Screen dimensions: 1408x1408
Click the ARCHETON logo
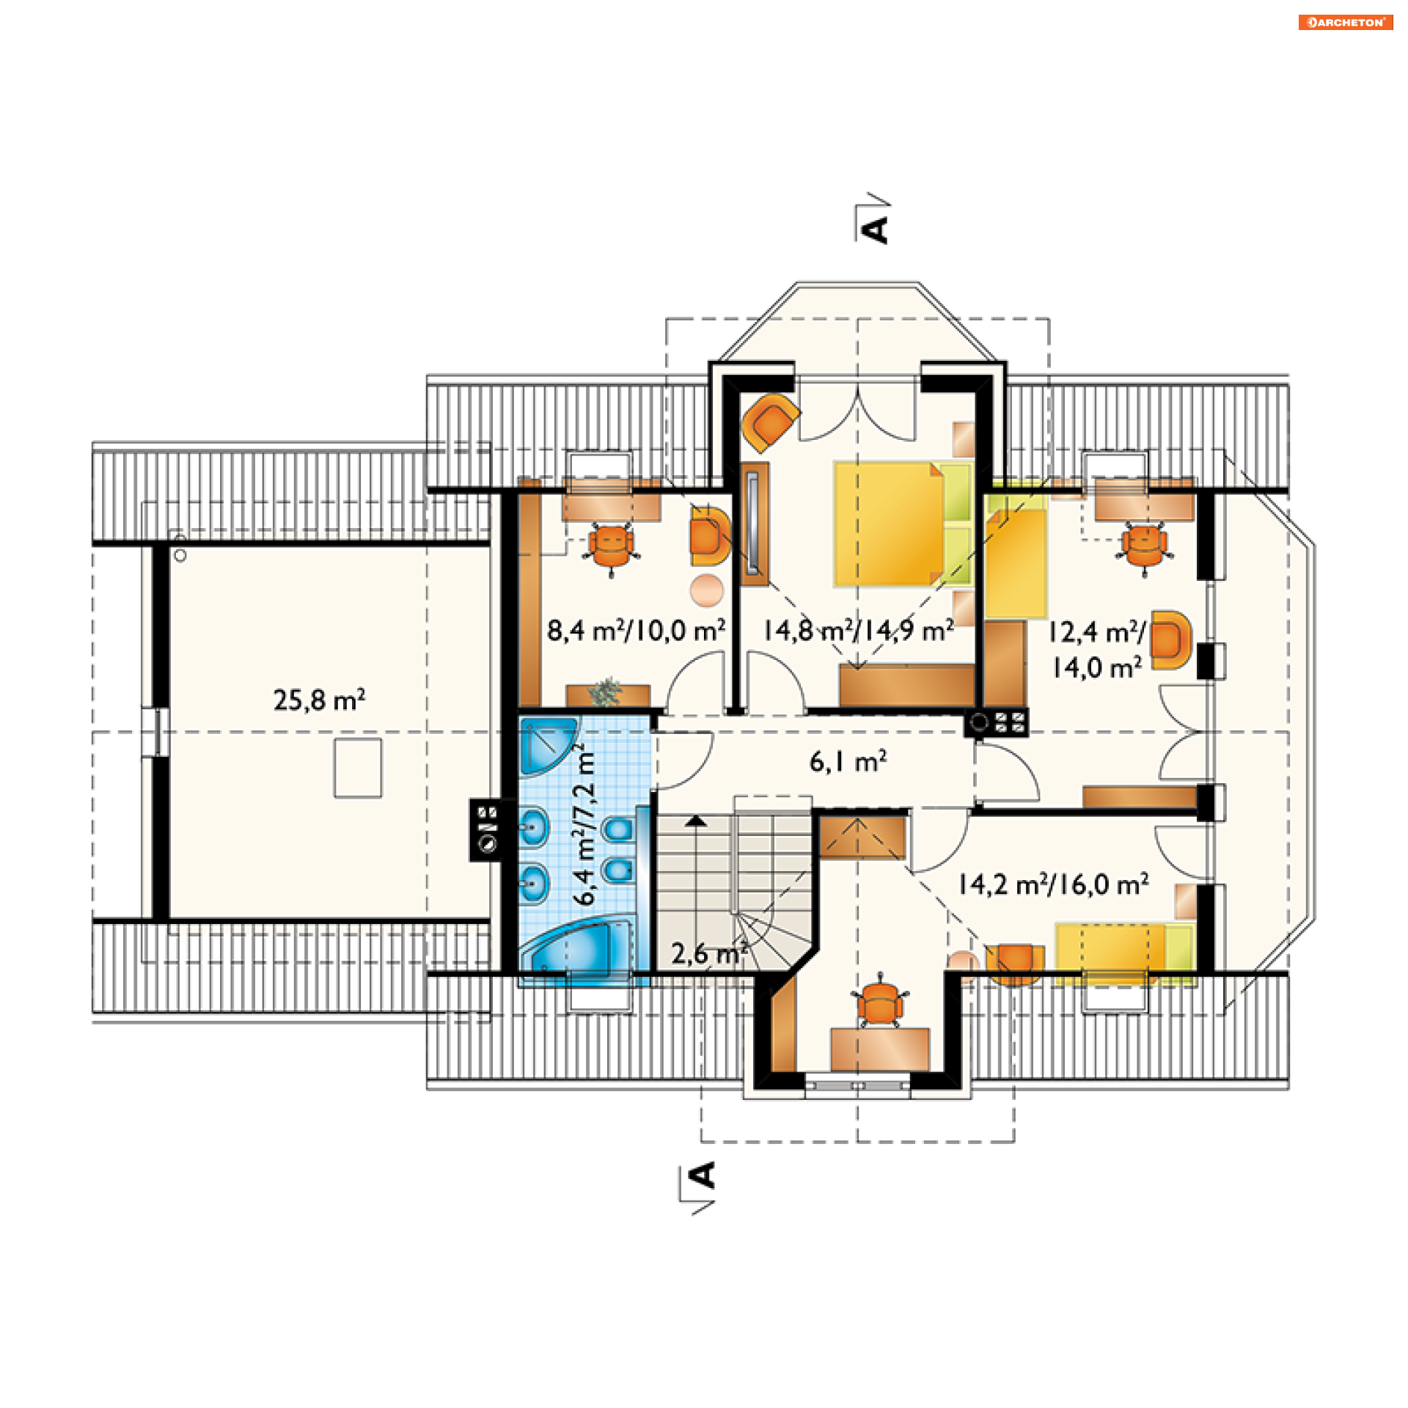1345,22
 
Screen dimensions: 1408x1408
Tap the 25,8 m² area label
319,700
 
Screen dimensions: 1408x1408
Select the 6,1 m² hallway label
848,762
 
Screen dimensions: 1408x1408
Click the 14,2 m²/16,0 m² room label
1053,884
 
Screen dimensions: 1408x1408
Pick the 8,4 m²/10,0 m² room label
636,630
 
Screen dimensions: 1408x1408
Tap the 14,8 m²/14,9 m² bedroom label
858,630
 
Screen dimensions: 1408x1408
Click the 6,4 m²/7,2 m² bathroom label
584,824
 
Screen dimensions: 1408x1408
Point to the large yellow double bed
903,524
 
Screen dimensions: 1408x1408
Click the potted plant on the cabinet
606,692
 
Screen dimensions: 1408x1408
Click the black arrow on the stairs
696,821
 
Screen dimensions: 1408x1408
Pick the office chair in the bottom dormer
879,1002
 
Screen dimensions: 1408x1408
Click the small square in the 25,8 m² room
358,767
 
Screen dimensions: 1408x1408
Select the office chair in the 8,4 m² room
611,547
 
